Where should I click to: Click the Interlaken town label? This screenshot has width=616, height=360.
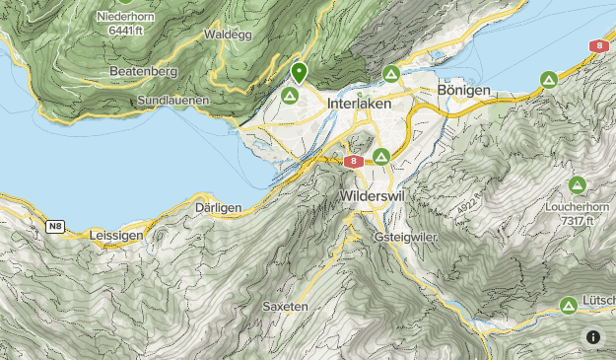pyautogui.click(x=359, y=104)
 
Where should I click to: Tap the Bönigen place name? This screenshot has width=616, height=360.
pyautogui.click(x=463, y=92)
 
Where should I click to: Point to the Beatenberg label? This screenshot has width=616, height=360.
pyautogui.click(x=144, y=72)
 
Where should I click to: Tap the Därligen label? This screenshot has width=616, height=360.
pyautogui.click(x=219, y=208)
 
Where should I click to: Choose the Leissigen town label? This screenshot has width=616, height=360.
pyautogui.click(x=116, y=236)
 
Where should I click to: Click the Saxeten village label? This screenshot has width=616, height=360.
pyautogui.click(x=286, y=307)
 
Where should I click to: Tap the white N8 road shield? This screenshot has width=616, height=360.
pyautogui.click(x=55, y=227)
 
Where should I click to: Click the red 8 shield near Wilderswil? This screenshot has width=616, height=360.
pyautogui.click(x=352, y=162)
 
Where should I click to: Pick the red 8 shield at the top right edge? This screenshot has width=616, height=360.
pyautogui.click(x=597, y=46)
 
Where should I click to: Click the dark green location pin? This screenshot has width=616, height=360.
pyautogui.click(x=299, y=72)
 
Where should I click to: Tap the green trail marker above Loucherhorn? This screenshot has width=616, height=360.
pyautogui.click(x=577, y=184)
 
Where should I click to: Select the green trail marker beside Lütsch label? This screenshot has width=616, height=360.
pyautogui.click(x=569, y=305)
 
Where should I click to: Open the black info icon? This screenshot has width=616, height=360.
pyautogui.click(x=592, y=337)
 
